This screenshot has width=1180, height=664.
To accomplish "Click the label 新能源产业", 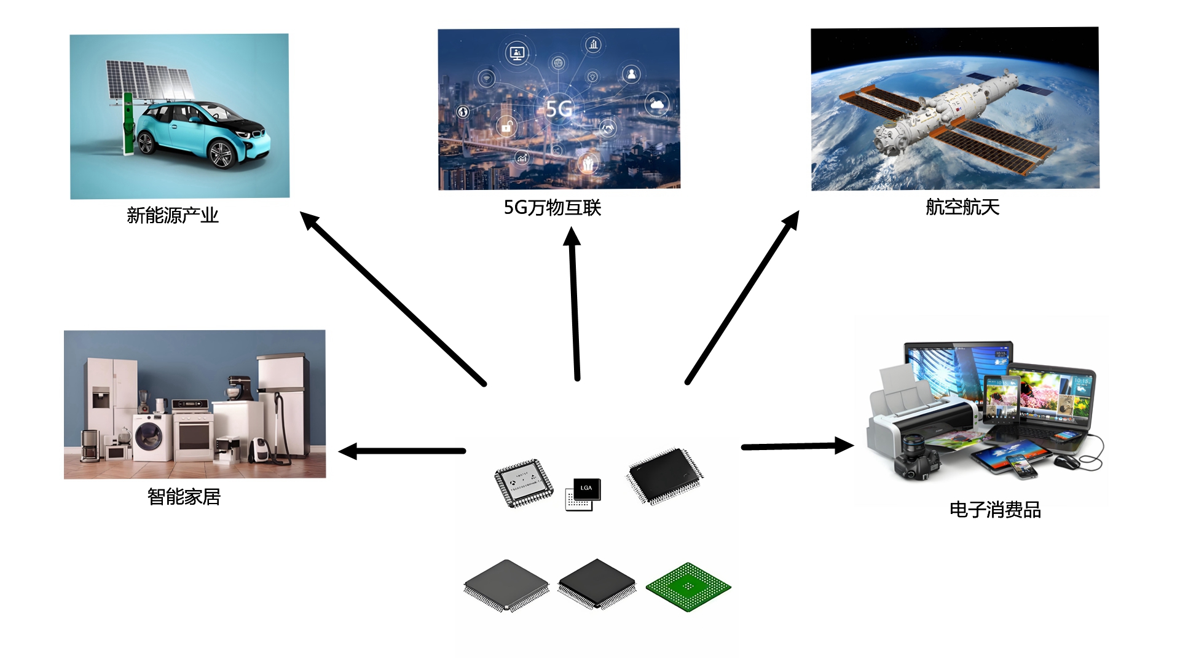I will click(173, 215).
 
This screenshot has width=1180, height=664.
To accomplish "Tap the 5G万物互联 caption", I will click(552, 208).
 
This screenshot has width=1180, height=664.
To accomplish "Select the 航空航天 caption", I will click(962, 207).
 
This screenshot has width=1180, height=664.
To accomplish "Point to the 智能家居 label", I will click(184, 496).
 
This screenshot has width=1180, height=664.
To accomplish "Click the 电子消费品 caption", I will click(995, 510).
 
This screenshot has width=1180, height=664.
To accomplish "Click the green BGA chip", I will click(688, 587).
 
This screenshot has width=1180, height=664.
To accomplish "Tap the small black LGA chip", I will click(586, 489).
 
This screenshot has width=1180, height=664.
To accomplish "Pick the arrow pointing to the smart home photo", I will click(403, 451).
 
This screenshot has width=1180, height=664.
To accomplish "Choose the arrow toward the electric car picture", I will click(393, 298).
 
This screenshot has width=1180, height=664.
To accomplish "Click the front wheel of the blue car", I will click(221, 154).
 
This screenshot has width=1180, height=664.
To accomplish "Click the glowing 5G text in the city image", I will click(559, 109).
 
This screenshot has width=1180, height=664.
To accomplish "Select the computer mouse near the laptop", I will click(1068, 462).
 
